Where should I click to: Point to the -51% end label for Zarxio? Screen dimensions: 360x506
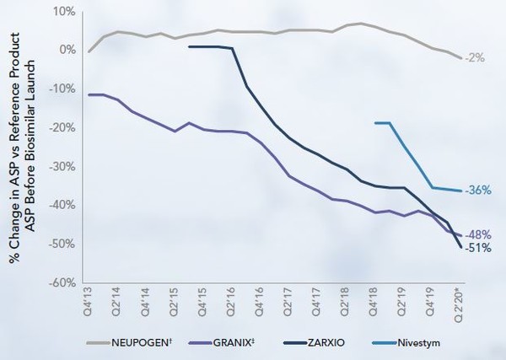coord(478,249)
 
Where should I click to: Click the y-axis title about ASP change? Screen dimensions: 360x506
coord(19,149)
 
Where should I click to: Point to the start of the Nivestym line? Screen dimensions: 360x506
coord(374,123)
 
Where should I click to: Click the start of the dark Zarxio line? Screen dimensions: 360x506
coord(189,47)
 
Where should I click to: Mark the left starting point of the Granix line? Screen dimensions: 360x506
coord(89,94)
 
